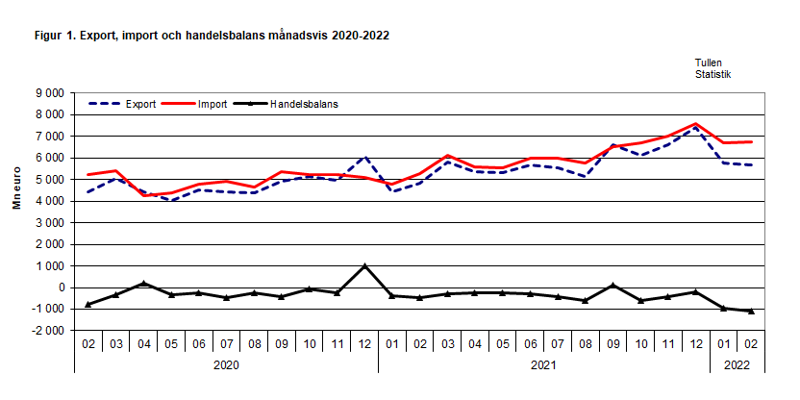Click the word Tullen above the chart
tap(709, 62)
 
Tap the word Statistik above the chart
tap(712, 73)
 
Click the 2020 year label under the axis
tap(226, 364)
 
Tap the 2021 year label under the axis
tap(544, 364)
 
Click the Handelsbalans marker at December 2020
tap(364, 266)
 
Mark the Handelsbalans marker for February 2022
tap(751, 312)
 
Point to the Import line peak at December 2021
tap(695, 124)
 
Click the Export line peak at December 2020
tap(364, 157)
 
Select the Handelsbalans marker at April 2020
tap(143, 284)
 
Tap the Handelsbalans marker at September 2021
tap(612, 286)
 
